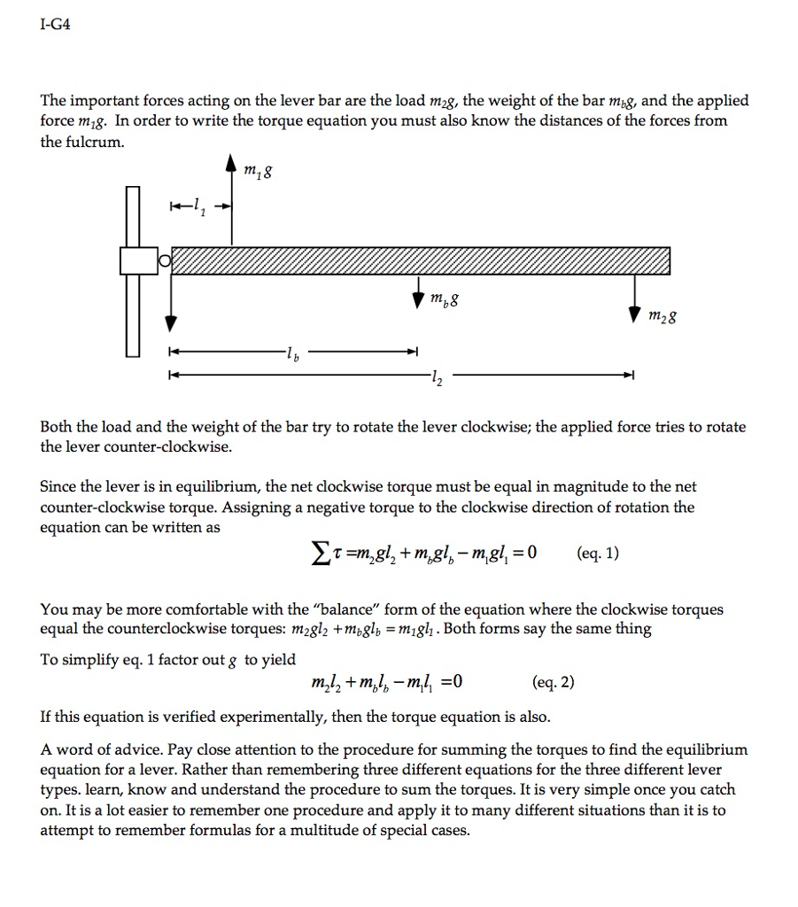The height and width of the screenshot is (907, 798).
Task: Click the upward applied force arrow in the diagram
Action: coord(232,204)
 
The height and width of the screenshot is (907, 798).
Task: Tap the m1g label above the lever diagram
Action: coord(259,174)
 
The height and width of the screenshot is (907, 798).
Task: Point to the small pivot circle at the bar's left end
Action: coord(165,261)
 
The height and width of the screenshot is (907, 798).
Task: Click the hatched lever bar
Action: coord(421,262)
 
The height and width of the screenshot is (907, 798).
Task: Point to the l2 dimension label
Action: coord(433,379)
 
